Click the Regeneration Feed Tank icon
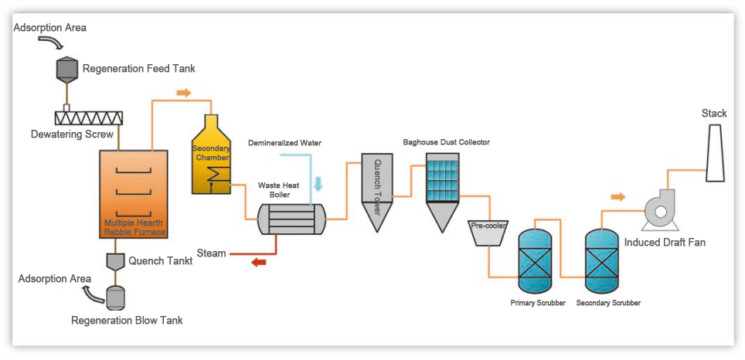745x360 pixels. pyautogui.click(x=65, y=69)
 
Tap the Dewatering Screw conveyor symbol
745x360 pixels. pyautogui.click(x=89, y=117)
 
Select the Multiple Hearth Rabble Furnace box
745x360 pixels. pyautogui.click(x=134, y=193)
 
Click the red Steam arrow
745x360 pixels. pyautogui.click(x=258, y=263)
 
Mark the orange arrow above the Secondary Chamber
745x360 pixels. pyautogui.click(x=183, y=93)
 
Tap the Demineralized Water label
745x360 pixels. pyautogui.click(x=284, y=144)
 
